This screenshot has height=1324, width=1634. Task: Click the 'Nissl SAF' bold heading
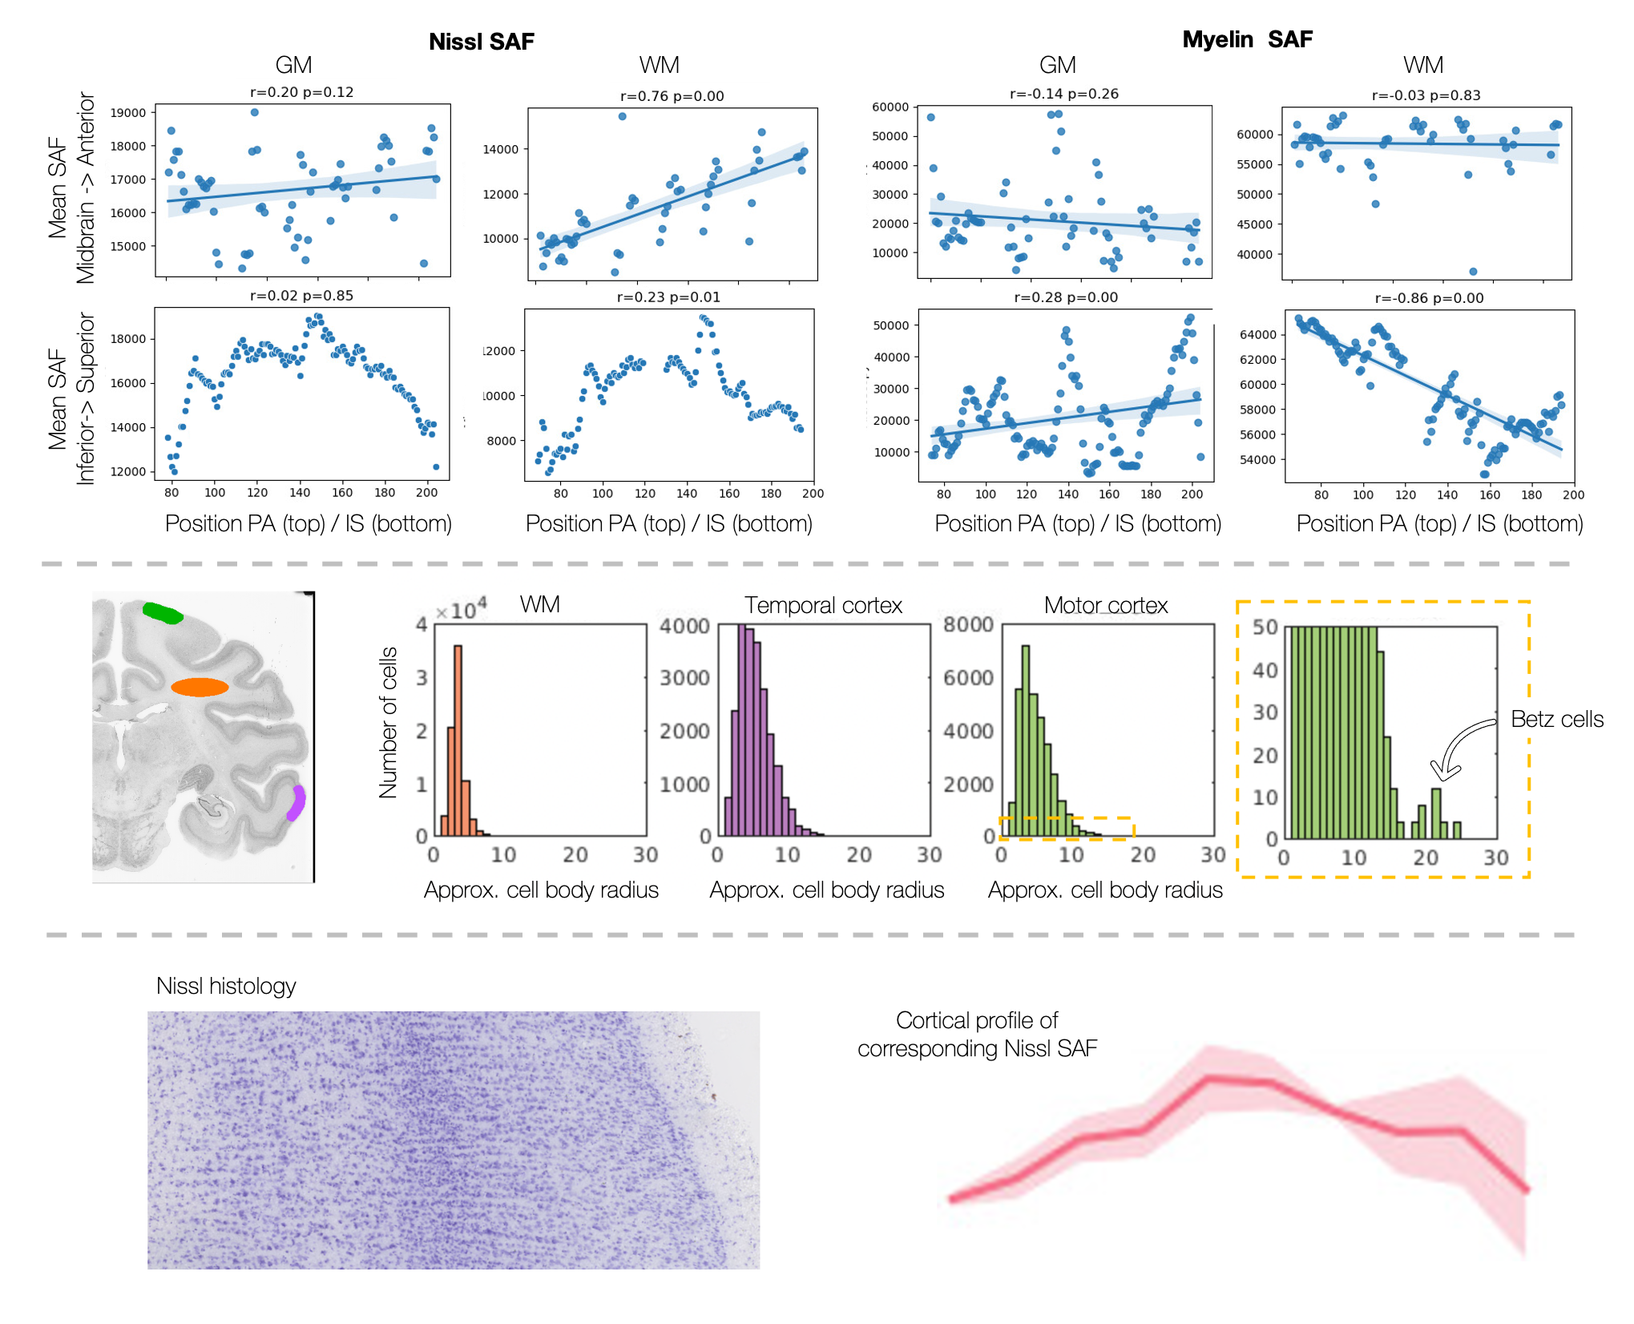(x=481, y=42)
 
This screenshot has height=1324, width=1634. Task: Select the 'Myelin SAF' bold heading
(x=1247, y=39)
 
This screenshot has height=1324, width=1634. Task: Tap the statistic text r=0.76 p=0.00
(x=672, y=96)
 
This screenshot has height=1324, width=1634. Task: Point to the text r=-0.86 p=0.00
(x=1429, y=298)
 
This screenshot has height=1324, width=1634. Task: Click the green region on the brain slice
(x=163, y=613)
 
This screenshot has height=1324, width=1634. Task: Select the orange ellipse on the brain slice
(x=200, y=687)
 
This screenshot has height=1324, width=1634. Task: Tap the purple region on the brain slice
(x=297, y=802)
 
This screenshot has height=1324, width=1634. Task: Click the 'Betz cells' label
(x=1556, y=719)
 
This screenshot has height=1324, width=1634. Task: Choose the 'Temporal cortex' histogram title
(x=823, y=605)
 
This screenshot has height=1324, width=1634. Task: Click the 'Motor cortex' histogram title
(x=1105, y=605)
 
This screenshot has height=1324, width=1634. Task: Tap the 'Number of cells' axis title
(x=389, y=722)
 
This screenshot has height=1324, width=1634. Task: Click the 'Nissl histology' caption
(x=226, y=986)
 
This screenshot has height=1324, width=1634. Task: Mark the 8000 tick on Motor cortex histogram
(x=968, y=624)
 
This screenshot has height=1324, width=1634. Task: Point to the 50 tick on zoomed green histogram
(x=1265, y=627)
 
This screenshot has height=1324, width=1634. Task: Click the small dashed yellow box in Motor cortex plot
(x=1066, y=828)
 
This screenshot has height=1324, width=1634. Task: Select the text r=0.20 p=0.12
(x=301, y=92)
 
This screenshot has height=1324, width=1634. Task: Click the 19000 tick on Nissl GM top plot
(x=128, y=113)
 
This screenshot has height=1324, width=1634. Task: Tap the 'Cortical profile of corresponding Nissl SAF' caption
(x=977, y=1034)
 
